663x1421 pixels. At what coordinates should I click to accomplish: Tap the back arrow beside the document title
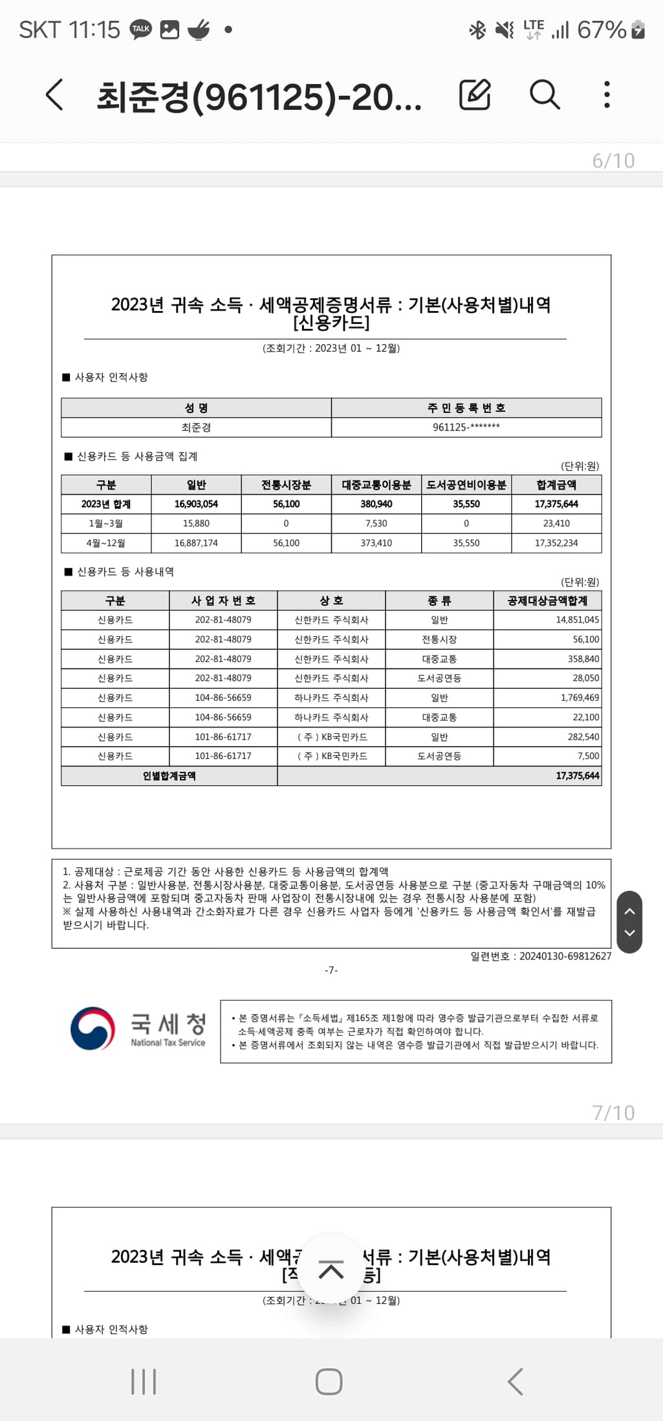(55, 95)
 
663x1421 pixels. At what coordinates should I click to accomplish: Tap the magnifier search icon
(545, 95)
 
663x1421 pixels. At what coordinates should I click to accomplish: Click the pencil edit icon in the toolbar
(475, 95)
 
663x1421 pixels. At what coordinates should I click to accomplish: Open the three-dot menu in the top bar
(606, 95)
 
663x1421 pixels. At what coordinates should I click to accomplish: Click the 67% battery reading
(602, 30)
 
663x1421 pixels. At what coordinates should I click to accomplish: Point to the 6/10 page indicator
(613, 160)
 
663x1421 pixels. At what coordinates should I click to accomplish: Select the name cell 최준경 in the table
(196, 427)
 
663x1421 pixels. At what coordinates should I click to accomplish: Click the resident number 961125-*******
(466, 427)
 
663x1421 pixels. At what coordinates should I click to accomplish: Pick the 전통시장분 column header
(286, 485)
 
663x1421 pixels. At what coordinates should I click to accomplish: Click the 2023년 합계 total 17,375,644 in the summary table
(556, 504)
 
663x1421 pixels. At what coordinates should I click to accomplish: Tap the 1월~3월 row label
(106, 524)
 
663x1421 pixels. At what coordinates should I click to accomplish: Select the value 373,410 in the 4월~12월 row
(376, 543)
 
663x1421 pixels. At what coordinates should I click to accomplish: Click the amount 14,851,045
(577, 620)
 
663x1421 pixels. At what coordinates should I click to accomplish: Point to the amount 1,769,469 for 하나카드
(580, 698)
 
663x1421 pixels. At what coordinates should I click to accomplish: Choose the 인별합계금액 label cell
(169, 776)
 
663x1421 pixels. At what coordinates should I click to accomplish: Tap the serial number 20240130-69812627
(565, 956)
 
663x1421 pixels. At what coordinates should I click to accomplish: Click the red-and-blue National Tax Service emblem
(93, 1028)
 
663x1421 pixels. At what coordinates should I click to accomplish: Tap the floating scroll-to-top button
(331, 1270)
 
